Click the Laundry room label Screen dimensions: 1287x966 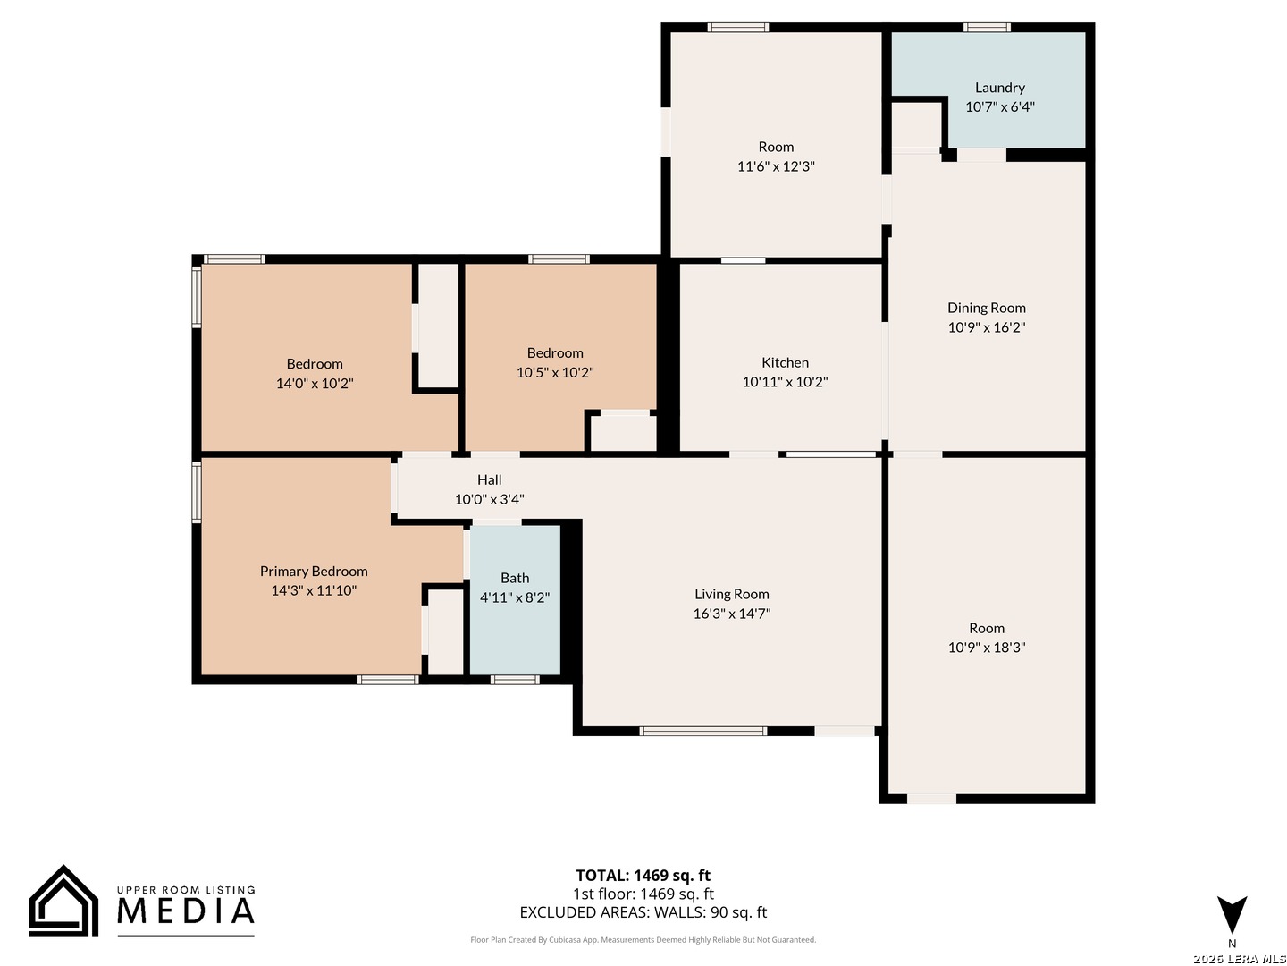1000,88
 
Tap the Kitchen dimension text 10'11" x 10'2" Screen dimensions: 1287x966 785,382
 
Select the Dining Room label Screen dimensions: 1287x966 987,308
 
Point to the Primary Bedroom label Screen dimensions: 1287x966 314,572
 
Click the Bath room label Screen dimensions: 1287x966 515,578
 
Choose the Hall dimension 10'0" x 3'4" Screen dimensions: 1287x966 490,499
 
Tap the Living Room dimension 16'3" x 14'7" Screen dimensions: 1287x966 732,614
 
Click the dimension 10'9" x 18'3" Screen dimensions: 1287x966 987,648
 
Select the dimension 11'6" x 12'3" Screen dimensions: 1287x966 777,166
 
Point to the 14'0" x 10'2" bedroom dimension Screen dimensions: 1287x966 315,384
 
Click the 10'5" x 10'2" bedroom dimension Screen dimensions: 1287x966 555,372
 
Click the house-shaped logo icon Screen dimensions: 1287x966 64,902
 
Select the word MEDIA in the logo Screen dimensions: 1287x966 186,911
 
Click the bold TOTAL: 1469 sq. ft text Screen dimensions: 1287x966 643,875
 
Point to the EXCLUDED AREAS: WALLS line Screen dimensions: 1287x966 643,912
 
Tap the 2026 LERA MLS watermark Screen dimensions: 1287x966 1240,958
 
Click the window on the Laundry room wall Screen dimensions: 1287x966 988,27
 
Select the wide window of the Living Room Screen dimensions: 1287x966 703,731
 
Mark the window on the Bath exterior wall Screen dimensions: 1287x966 515,680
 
